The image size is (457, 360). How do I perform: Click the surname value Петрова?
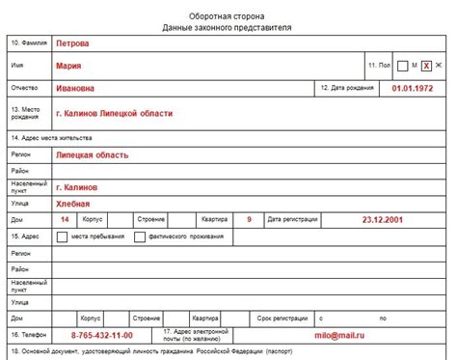point(73,43)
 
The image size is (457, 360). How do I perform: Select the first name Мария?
point(68,66)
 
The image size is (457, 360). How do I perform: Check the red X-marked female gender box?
point(426,66)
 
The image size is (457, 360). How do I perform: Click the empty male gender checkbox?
point(403,66)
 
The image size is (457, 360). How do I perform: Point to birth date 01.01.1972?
point(412,88)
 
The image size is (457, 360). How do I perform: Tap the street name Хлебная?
point(73,204)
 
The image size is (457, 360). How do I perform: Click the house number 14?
point(65,220)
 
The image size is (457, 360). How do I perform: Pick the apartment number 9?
point(249,220)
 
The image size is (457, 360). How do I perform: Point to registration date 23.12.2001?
point(383,220)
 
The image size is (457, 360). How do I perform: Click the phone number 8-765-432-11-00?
point(102,335)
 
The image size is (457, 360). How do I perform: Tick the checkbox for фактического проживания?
point(141,235)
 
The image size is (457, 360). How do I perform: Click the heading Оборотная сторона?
point(228,13)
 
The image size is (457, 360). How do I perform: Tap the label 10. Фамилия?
point(29,43)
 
